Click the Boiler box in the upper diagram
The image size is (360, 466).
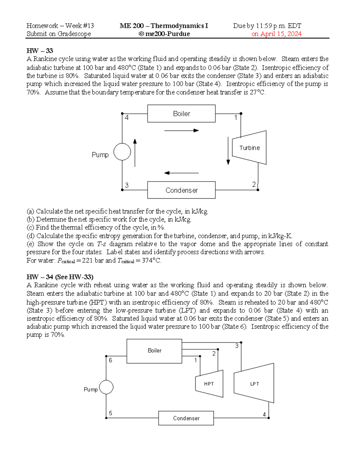point(181,113)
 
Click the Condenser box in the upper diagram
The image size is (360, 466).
point(181,190)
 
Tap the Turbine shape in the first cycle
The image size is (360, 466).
point(250,148)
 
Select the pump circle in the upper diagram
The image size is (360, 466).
point(122,152)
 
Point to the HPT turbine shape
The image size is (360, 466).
point(209,384)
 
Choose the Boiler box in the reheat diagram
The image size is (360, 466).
point(154,351)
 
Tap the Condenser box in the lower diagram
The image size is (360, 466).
point(186,418)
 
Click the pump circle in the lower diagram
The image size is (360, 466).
point(106,387)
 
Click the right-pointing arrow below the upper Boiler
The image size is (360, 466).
point(181,131)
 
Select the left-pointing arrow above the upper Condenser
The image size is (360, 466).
point(181,173)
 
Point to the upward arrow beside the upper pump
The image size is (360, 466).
point(135,153)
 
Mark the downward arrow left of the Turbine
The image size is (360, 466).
point(228,151)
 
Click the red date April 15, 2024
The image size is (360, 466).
point(276,34)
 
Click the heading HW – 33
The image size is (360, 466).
point(40,50)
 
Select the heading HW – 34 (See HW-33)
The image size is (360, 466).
point(60,277)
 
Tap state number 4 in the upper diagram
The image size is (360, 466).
point(127,118)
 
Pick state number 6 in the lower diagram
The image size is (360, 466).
point(110,360)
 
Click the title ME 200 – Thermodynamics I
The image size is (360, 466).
point(164,26)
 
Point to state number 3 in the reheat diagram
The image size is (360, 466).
point(237,346)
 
